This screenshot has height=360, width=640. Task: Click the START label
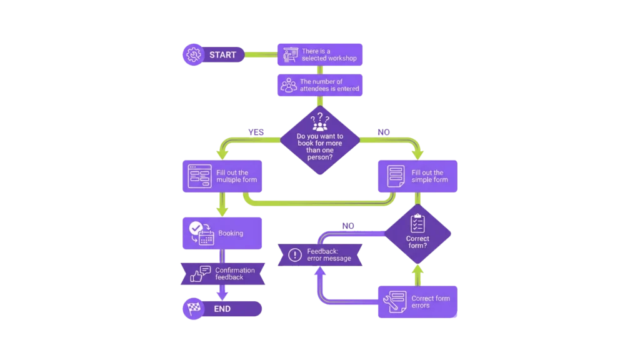tap(222, 55)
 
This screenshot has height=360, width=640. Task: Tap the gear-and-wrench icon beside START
tap(193, 55)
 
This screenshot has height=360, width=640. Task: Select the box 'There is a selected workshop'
tap(320, 55)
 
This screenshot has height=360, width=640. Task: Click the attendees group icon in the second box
tap(288, 86)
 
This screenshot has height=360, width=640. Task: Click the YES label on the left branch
tap(256, 132)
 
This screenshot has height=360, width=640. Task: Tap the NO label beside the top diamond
tap(383, 132)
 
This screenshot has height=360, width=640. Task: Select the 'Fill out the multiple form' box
tap(222, 176)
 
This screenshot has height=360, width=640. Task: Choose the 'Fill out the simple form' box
tap(417, 176)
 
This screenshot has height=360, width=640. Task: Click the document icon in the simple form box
tap(395, 176)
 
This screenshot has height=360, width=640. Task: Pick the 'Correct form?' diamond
tap(417, 234)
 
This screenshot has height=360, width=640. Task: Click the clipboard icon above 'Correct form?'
tap(417, 223)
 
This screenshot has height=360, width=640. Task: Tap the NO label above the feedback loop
tap(348, 226)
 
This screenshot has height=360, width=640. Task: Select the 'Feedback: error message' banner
tap(320, 255)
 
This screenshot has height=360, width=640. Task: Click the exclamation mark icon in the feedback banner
tap(294, 255)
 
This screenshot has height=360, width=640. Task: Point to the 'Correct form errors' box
tap(417, 302)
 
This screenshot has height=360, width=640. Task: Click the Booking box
tap(222, 233)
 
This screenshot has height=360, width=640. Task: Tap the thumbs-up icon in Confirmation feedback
tap(200, 274)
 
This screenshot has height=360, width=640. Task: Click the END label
tap(222, 309)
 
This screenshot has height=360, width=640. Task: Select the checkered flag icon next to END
tap(192, 309)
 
